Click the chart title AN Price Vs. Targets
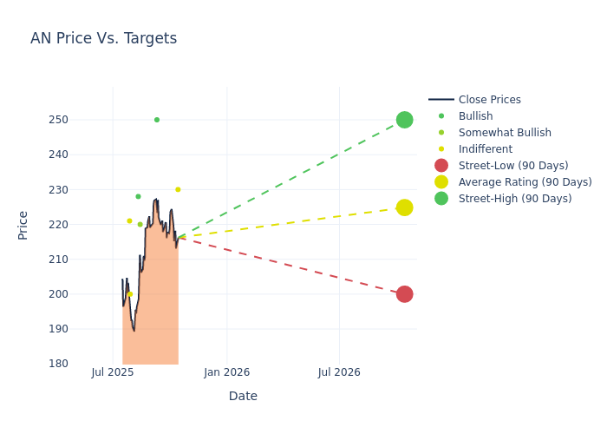103,38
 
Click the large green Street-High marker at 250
404,120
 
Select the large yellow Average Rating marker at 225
404,207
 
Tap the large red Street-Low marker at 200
404,294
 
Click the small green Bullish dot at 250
157,120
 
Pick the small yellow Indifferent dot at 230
178,189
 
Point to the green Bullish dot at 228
138,196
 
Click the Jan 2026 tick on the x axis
226,372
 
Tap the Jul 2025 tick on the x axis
113,372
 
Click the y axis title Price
23,225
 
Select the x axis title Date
243,396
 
